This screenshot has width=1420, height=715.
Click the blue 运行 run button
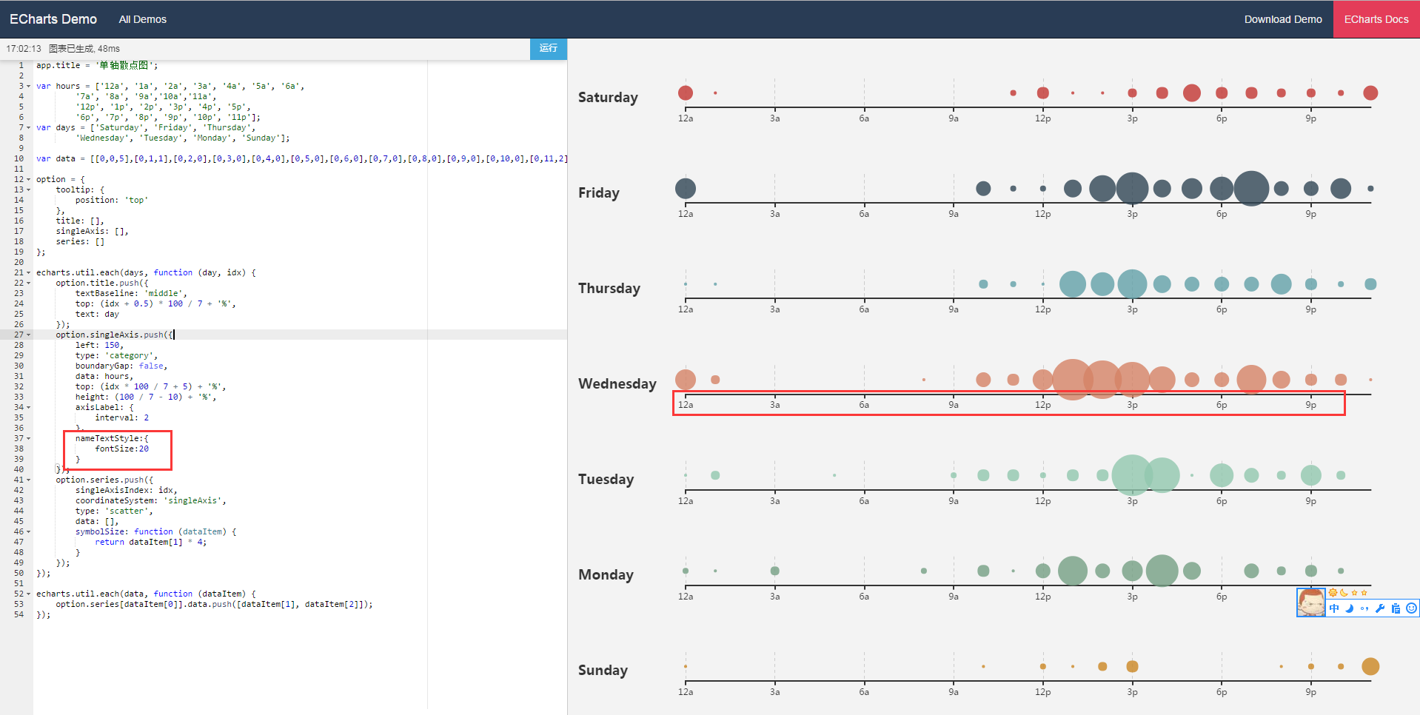(548, 48)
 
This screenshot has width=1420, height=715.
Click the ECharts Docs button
(1376, 19)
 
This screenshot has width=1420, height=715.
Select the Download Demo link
(1282, 19)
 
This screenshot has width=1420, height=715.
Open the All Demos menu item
(142, 19)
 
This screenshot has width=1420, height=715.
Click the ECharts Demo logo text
(53, 19)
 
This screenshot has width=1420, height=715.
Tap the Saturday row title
(607, 97)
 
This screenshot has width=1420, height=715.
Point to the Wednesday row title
(617, 383)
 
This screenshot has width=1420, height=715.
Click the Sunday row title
(602, 670)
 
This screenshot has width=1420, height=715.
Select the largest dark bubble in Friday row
(1251, 188)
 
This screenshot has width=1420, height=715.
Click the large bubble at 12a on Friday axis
(685, 188)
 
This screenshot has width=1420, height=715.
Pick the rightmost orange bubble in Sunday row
(1370, 666)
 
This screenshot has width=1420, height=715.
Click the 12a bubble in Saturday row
(685, 93)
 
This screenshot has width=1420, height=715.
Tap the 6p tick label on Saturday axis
(1221, 118)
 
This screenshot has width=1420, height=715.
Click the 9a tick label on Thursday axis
(953, 309)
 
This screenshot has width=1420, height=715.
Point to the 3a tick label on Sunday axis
(774, 692)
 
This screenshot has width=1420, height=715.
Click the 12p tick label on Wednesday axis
(1042, 405)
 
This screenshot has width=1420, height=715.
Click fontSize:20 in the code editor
(121, 449)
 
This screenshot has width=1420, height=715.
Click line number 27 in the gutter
(19, 335)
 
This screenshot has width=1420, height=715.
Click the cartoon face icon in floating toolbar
(1310, 602)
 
